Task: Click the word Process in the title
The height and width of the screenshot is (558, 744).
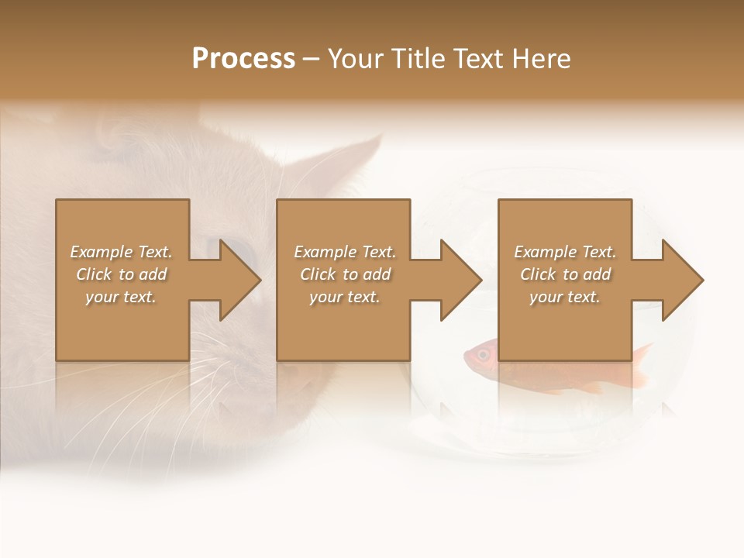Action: [243, 59]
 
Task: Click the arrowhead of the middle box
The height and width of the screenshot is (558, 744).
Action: [460, 280]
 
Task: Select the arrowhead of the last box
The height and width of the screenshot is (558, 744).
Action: [682, 280]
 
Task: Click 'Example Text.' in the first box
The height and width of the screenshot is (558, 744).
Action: [121, 252]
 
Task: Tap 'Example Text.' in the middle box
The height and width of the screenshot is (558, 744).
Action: [344, 252]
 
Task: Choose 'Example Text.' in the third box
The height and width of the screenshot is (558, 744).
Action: [565, 252]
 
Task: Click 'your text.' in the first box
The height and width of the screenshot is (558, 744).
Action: [121, 297]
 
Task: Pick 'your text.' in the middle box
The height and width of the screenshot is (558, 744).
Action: [344, 297]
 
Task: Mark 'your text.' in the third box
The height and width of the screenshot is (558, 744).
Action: [565, 297]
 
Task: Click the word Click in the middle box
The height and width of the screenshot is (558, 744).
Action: [317, 274]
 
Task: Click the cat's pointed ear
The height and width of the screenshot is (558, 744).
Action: [364, 155]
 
